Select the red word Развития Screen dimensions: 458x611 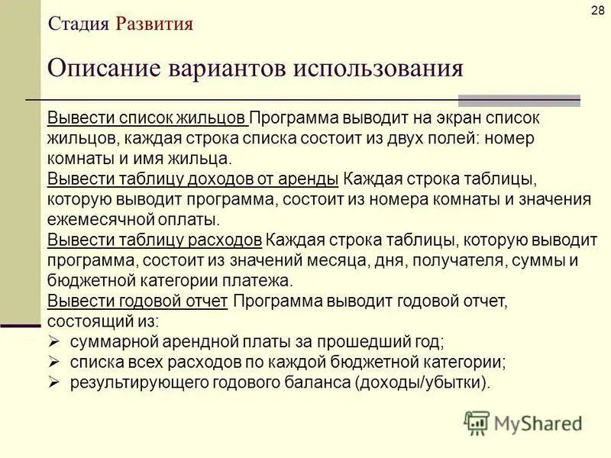click(x=154, y=24)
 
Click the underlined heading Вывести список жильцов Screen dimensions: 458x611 click(x=147, y=120)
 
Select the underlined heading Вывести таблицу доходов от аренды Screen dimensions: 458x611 click(x=193, y=180)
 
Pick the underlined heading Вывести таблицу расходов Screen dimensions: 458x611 click(x=155, y=240)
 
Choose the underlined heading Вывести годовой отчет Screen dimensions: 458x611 click(x=137, y=301)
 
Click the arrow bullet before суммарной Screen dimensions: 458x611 click(x=53, y=341)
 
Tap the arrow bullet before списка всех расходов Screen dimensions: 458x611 click(x=53, y=361)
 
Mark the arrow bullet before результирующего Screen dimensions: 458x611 click(x=53, y=382)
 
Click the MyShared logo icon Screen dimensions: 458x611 click(x=477, y=423)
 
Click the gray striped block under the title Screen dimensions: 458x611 click(x=519, y=101)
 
